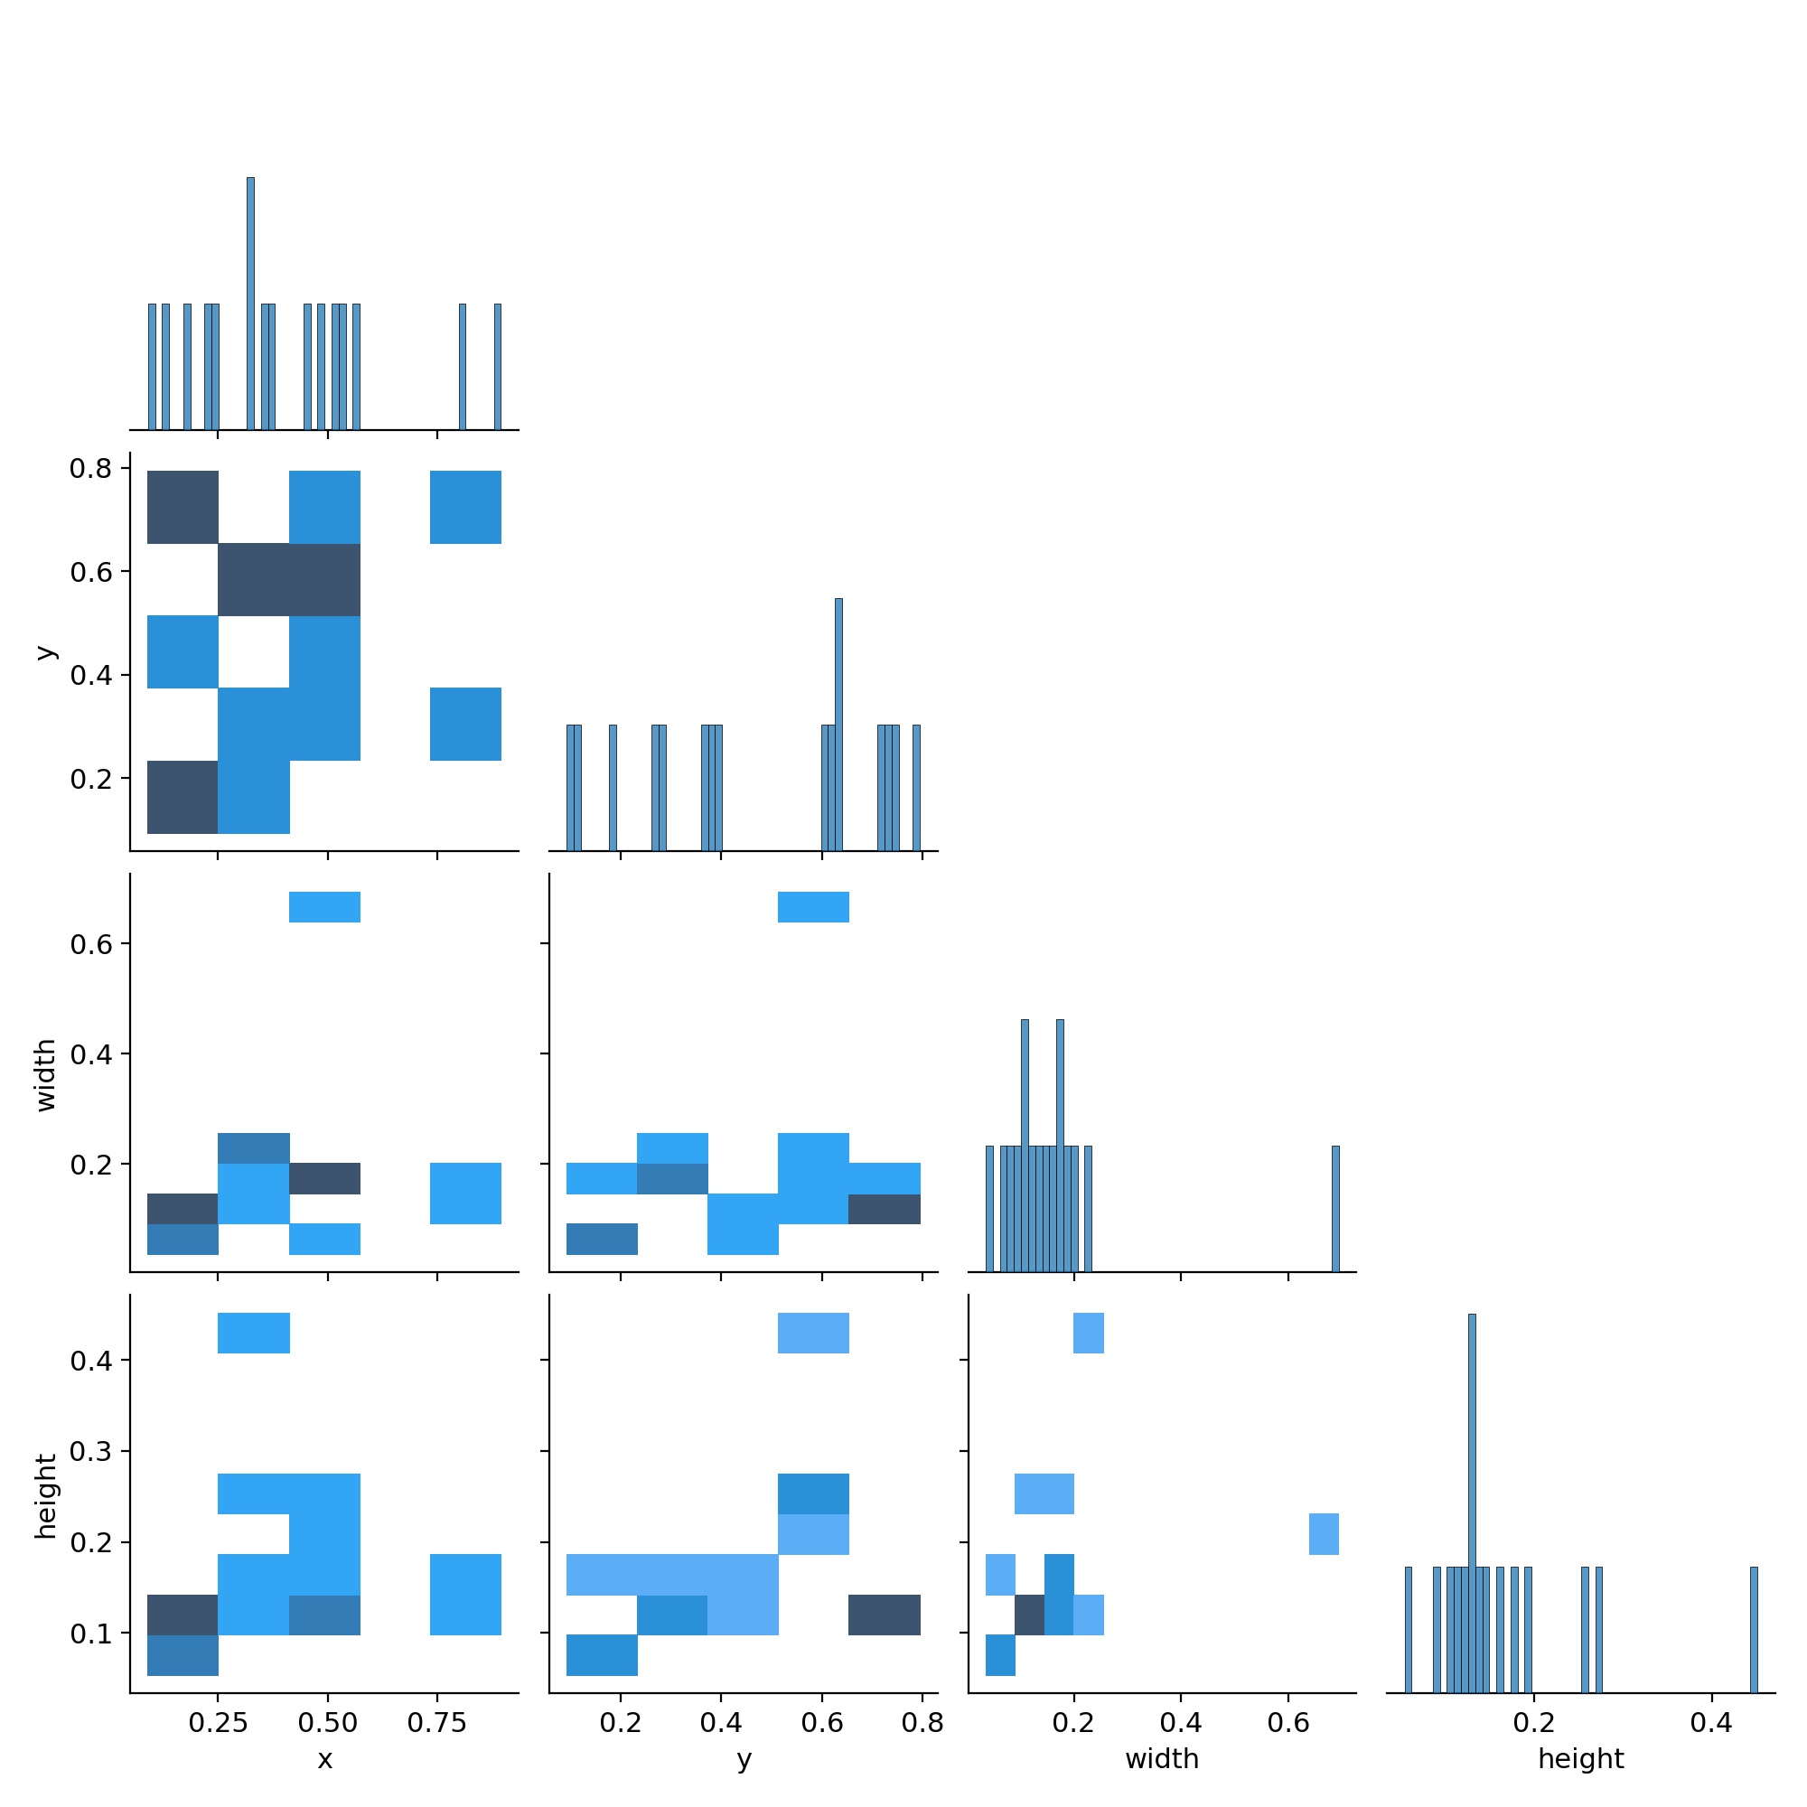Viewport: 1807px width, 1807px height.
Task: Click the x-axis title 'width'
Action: pos(1162,1759)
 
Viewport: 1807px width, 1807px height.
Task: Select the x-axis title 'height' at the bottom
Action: pos(1580,1759)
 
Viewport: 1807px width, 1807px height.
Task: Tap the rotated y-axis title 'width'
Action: pos(45,1075)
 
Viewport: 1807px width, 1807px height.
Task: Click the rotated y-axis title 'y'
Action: pos(45,652)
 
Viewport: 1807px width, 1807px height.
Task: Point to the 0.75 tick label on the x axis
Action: pos(436,1723)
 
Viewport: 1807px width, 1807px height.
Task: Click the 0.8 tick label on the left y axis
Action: pos(90,468)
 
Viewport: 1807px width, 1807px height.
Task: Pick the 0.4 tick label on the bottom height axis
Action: pos(1710,1723)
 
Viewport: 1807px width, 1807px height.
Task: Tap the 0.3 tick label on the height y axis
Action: pos(90,1452)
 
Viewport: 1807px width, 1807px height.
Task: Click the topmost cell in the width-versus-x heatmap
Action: pos(324,907)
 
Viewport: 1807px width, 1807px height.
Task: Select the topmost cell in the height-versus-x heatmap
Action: pos(254,1333)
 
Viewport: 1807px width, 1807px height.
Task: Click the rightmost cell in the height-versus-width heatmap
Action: pos(1324,1534)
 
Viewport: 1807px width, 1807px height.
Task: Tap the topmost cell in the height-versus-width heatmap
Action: pos(1089,1333)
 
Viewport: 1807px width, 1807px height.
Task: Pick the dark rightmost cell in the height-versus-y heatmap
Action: pos(884,1615)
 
